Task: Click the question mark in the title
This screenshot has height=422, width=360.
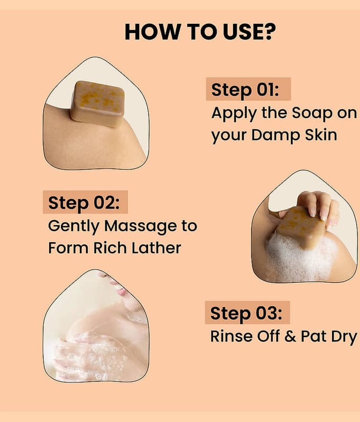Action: (x=269, y=32)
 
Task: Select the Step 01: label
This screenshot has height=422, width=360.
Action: (x=245, y=89)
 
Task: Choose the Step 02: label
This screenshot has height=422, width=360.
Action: (x=84, y=203)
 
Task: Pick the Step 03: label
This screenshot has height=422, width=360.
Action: (x=246, y=313)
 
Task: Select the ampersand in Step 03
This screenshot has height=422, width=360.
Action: (x=290, y=336)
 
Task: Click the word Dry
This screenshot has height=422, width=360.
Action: (x=344, y=337)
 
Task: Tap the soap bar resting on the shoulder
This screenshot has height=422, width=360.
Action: (x=98, y=103)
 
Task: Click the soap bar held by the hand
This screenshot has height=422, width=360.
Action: (x=301, y=227)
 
